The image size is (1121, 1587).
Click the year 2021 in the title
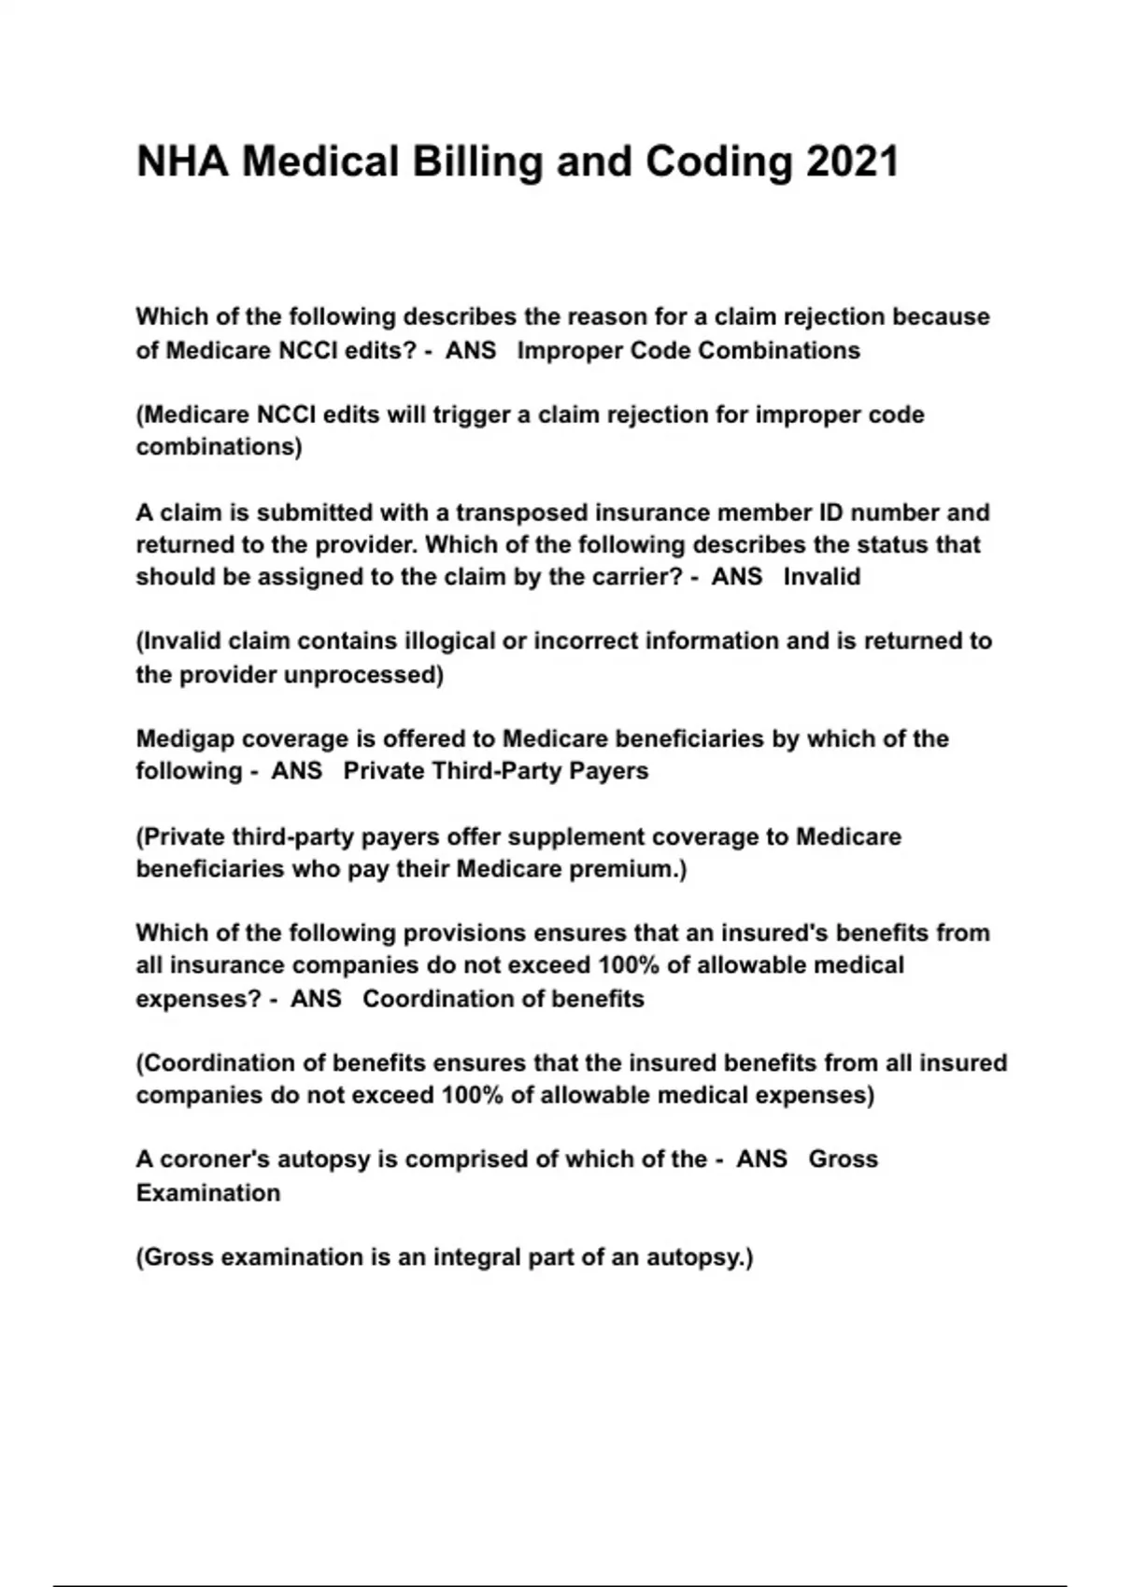852,162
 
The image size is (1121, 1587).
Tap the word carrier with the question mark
644,577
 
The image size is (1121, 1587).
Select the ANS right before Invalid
737,577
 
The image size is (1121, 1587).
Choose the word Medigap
185,739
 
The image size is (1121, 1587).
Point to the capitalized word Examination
208,1193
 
